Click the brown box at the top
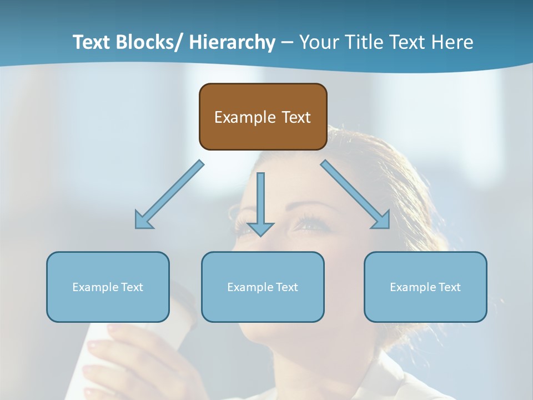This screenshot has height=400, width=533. [x=263, y=117]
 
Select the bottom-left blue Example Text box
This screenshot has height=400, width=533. [x=108, y=287]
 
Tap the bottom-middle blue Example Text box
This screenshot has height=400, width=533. [x=263, y=287]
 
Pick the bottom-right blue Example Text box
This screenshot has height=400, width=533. [x=425, y=287]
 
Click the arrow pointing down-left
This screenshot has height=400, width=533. [x=169, y=194]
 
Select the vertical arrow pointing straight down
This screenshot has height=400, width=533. [x=260, y=203]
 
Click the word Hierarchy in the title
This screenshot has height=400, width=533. [x=232, y=42]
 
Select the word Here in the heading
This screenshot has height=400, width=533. [x=453, y=42]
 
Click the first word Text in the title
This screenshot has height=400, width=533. [x=92, y=42]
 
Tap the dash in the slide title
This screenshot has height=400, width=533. [x=287, y=42]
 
